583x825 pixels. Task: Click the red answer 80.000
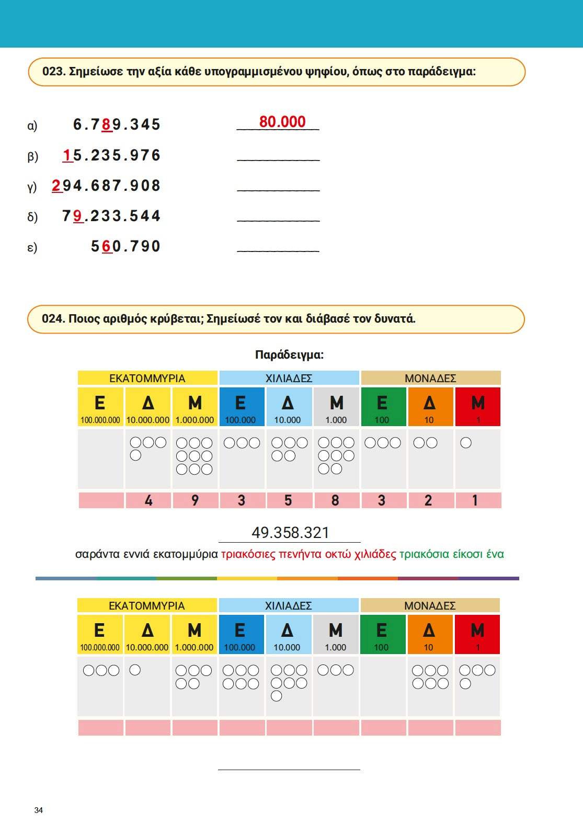click(x=282, y=122)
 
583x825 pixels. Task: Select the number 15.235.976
click(x=111, y=155)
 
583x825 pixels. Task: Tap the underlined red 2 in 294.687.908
click(x=56, y=186)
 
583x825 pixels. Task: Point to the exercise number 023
click(x=53, y=72)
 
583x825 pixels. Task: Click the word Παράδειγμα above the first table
click(x=289, y=355)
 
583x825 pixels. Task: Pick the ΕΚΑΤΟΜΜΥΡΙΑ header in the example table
click(x=147, y=378)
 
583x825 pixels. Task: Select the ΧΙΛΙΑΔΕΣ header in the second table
click(x=288, y=605)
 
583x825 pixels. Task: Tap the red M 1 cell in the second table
click(x=477, y=634)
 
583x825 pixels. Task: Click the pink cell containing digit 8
click(x=336, y=500)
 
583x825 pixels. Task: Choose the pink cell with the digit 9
click(x=195, y=500)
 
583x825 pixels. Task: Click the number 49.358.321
click(x=290, y=533)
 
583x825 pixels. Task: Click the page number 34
click(x=39, y=810)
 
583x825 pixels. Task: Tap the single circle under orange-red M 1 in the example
click(x=466, y=443)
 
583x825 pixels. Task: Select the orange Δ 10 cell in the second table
click(x=429, y=634)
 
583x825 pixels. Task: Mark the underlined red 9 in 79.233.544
click(x=78, y=216)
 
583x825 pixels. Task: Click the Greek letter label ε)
click(x=32, y=247)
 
